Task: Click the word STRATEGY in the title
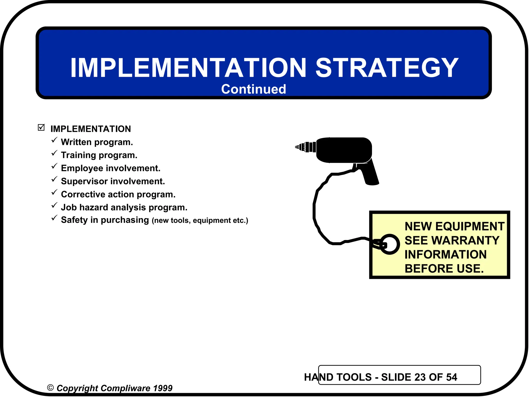pos(387,68)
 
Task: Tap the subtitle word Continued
pos(253,89)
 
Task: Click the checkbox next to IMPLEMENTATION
pos(41,127)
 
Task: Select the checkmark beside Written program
pos(54,140)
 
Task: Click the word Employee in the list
pos(82,168)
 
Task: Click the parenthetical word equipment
pos(212,220)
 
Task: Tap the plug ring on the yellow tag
pos(390,244)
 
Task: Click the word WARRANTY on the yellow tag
pos(465,240)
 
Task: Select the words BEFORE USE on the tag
pos(444,269)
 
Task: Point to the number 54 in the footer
pos(451,377)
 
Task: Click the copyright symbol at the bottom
pos(50,388)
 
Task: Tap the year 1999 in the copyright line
pos(162,388)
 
